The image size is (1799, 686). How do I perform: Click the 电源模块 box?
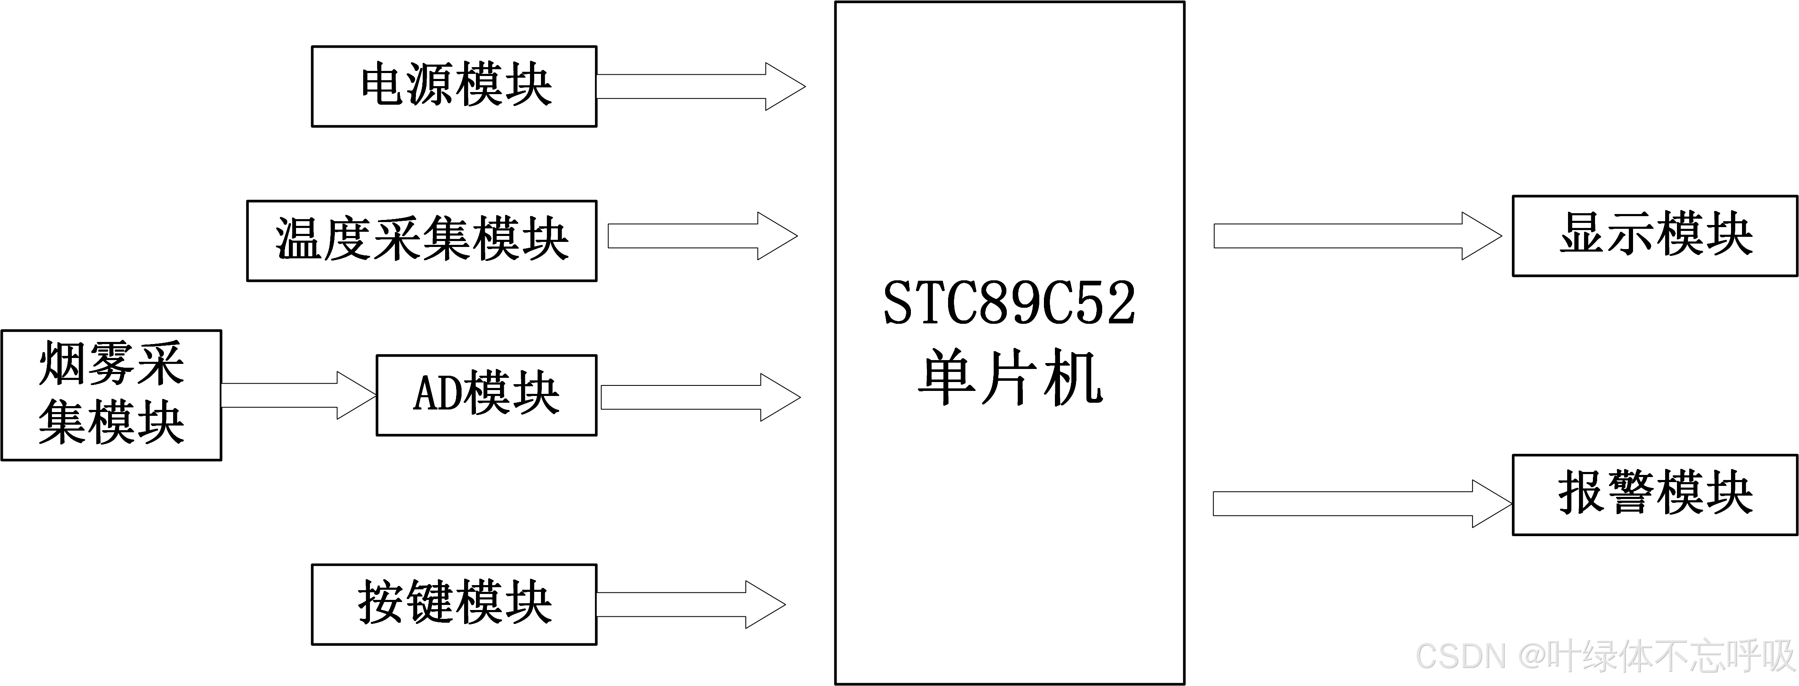tap(454, 87)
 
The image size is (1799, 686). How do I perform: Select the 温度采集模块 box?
tap(422, 241)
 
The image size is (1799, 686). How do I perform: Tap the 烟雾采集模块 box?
tap(111, 395)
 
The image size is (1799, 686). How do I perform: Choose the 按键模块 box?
tap(454, 605)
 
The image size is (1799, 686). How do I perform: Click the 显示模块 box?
tap(1655, 236)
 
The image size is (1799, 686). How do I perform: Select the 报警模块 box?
tap(1655, 495)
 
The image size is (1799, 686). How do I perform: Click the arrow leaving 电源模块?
tap(698, 87)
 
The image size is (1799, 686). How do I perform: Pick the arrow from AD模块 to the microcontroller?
tap(698, 397)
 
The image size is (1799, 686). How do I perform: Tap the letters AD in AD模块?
tap(437, 393)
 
